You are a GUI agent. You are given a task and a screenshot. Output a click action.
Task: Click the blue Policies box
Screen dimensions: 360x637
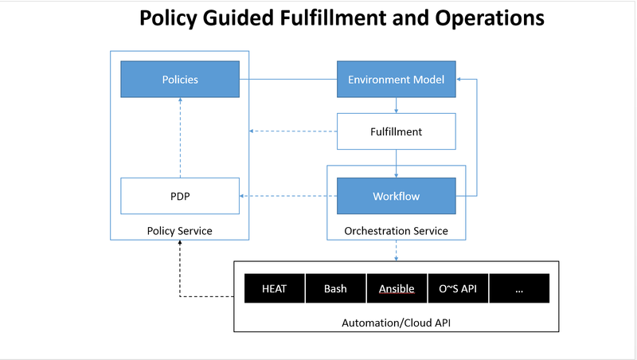point(179,80)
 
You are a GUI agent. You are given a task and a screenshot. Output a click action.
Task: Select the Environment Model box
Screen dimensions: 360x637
point(396,80)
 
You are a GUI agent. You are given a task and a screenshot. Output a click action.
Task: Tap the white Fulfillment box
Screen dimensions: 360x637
point(396,131)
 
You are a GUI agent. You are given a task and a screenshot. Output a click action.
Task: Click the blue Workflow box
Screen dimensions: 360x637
point(396,196)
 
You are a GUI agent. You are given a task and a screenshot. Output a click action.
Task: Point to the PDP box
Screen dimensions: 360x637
point(179,196)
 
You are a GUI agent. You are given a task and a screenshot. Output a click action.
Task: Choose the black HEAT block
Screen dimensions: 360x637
point(274,288)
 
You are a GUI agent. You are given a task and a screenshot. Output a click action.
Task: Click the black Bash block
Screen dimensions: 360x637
point(335,288)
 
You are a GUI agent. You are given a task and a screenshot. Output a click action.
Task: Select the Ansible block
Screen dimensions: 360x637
point(397,288)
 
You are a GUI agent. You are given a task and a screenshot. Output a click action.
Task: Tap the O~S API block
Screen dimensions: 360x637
point(458,288)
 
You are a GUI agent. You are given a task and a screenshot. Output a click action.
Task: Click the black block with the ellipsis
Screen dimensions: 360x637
point(519,288)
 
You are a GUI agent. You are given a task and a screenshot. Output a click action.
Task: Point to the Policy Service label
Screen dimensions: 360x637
point(179,231)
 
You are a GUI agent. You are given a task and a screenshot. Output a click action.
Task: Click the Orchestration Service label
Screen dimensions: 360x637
point(396,231)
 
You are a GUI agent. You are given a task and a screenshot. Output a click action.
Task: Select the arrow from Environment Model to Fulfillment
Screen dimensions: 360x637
point(396,104)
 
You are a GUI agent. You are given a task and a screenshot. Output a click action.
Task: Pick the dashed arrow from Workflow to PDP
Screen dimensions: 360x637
point(287,196)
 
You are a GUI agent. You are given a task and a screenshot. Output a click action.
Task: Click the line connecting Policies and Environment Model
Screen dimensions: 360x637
point(287,80)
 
